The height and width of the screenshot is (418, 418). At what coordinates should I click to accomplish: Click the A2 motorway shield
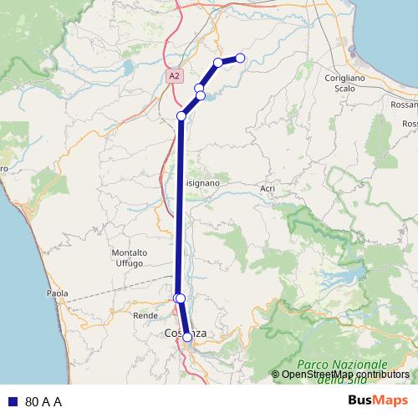[x=173, y=76]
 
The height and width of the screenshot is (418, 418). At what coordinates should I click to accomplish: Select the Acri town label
[x=268, y=189]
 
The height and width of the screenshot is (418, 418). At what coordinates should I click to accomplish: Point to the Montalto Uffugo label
[x=129, y=257]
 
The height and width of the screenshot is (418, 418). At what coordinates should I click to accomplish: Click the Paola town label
[x=58, y=293]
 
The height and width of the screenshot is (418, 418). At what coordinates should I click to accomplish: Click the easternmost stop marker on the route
[x=240, y=58]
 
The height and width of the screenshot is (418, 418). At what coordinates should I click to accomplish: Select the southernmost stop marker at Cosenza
[x=187, y=337]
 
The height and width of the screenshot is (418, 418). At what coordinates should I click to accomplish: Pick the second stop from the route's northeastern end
[x=218, y=63]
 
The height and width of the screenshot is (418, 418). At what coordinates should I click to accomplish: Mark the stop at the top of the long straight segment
[x=181, y=116]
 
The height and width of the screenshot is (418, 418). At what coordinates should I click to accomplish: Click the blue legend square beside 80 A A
[x=13, y=401]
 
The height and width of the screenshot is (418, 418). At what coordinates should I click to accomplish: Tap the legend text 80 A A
[x=43, y=401]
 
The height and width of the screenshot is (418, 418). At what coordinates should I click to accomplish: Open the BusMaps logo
[x=378, y=400]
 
